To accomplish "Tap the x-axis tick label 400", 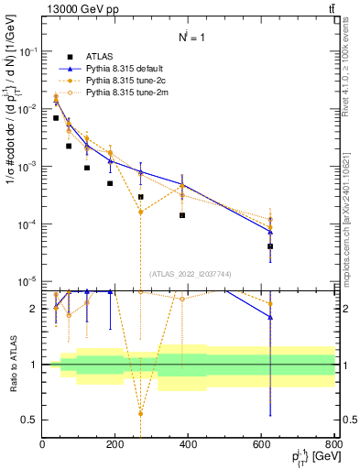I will click(188, 445).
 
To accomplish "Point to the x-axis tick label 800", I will click(334, 445).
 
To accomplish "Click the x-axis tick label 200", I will click(115, 445).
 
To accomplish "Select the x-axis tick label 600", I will click(261, 445).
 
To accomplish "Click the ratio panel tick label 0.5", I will click(31, 420).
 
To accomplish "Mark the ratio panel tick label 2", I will click(35, 309).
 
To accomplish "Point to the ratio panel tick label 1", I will click(35, 365).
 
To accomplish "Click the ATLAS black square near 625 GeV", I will click(270, 246).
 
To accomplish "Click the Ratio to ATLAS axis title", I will click(12, 365).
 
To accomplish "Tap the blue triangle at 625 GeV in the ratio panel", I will click(270, 317).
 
